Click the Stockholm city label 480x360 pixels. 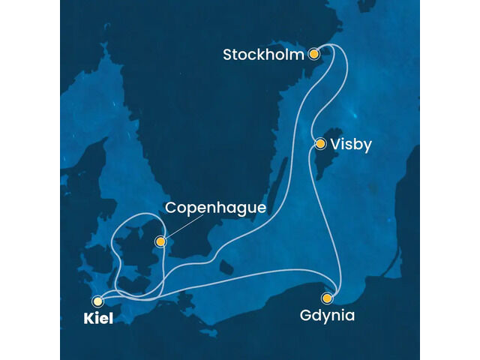point(264,55)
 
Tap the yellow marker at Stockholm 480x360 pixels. point(315,54)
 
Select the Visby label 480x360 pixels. point(352,145)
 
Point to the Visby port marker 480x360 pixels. point(320,143)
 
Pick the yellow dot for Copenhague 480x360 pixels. point(160,241)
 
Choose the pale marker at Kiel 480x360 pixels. point(97,299)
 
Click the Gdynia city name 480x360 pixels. point(328,316)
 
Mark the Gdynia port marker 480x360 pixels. point(327,298)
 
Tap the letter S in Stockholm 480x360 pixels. point(228,55)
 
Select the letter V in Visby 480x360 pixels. point(337,145)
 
